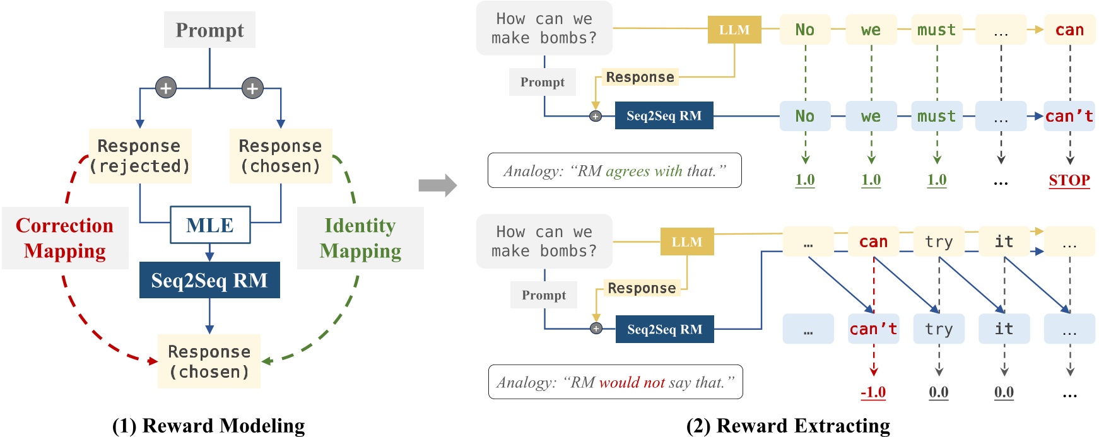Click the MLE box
tap(210, 225)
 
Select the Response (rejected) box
tap(140, 156)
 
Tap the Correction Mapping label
tap(65, 238)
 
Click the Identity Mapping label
tap(360, 238)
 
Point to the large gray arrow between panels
tap(437, 185)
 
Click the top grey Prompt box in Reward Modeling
tap(209, 30)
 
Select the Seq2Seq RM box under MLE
tap(209, 280)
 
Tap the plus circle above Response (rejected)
tap(166, 88)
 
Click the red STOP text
tap(1069, 180)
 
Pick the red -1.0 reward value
tap(873, 392)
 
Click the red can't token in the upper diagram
tap(1069, 116)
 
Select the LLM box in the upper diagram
tap(734, 30)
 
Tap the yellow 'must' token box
tap(937, 30)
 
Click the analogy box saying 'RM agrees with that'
tap(614, 170)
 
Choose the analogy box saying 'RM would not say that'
tap(615, 382)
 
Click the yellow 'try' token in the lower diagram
tap(939, 242)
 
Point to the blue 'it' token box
tap(1004, 329)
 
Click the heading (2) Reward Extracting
tap(788, 426)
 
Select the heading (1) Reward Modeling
tap(208, 426)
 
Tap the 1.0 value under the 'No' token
tap(805, 180)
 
